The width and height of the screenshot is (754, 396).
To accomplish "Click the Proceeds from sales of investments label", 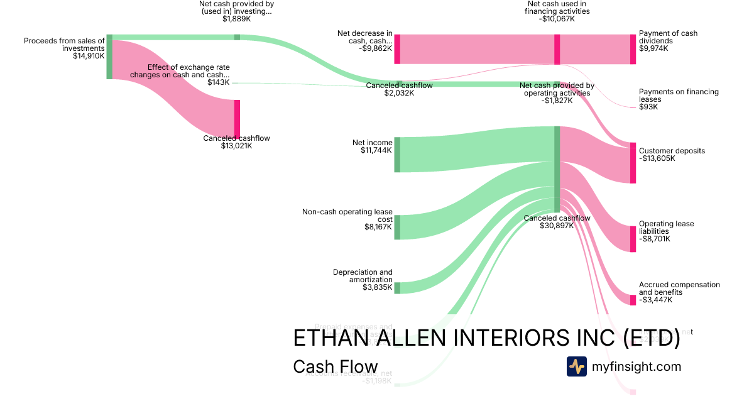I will (64, 45).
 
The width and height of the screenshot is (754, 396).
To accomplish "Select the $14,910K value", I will (89, 56).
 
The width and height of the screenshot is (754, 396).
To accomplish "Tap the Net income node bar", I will (397, 155).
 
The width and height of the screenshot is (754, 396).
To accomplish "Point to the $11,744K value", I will (376, 150).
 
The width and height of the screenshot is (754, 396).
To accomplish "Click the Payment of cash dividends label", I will (668, 37).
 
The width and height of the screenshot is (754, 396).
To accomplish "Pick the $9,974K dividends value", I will (653, 48).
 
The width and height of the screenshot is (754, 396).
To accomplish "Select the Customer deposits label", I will (672, 151).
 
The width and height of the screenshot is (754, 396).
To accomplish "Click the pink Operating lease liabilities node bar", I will (633, 239).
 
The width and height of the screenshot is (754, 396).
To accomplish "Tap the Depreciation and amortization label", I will (363, 276).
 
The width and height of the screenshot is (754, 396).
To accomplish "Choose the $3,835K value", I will (378, 288).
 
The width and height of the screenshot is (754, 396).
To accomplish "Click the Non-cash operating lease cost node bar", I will (397, 227).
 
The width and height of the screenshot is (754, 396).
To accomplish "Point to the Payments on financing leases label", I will (679, 96).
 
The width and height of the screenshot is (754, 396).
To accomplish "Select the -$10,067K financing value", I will (556, 19).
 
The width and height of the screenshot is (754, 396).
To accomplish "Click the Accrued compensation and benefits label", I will (679, 289).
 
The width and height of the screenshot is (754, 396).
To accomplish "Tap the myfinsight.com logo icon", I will (577, 366).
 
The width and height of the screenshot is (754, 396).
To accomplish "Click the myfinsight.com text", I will (637, 366).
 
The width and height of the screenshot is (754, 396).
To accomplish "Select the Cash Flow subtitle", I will (336, 367).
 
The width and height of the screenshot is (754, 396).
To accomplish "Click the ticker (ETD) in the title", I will (651, 338).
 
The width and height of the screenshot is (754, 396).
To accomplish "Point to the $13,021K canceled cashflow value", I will (236, 146).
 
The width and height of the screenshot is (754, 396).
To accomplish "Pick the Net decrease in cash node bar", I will (397, 49).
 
